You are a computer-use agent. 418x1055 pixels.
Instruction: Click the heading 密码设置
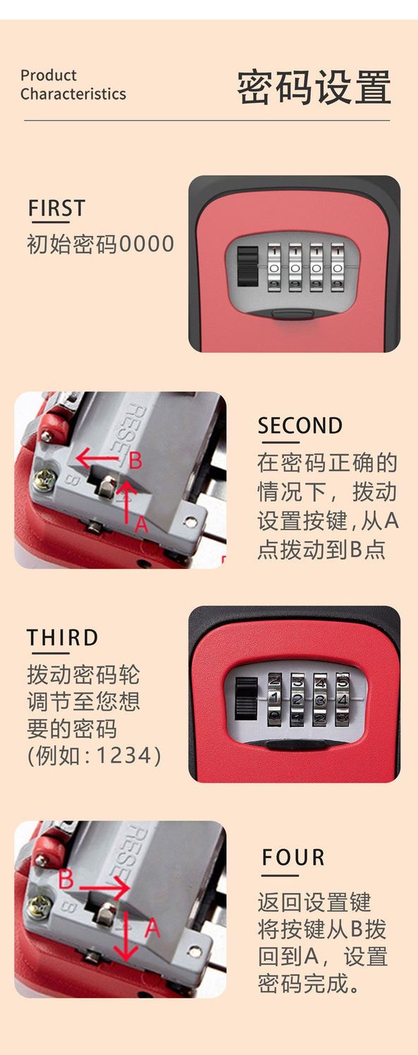point(314,87)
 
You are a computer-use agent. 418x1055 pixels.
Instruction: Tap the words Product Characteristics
point(73,85)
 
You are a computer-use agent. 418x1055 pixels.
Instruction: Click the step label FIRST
point(56,208)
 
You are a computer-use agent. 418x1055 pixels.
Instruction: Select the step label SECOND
point(300,426)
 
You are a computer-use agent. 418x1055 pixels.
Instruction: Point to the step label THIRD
point(63,637)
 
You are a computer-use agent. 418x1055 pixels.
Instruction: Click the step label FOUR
point(293,858)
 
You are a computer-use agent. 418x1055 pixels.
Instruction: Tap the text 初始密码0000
point(100,244)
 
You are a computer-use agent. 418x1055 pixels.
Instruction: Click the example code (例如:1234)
point(94,755)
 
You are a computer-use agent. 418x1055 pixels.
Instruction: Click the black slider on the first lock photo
point(247,267)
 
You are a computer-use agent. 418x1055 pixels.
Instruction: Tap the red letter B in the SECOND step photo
point(135,461)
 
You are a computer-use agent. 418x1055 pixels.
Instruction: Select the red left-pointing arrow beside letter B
point(97,458)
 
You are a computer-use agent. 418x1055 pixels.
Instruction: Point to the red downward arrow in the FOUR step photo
point(126,936)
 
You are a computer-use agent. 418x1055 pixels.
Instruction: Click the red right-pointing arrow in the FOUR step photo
point(104,888)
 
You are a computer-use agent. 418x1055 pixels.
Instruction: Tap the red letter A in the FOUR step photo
point(152,928)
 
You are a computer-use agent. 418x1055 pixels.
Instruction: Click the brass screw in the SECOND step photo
point(44,480)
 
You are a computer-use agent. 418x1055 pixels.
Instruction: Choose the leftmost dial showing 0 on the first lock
point(274,267)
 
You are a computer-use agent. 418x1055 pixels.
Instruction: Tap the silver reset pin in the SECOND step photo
point(106,485)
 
